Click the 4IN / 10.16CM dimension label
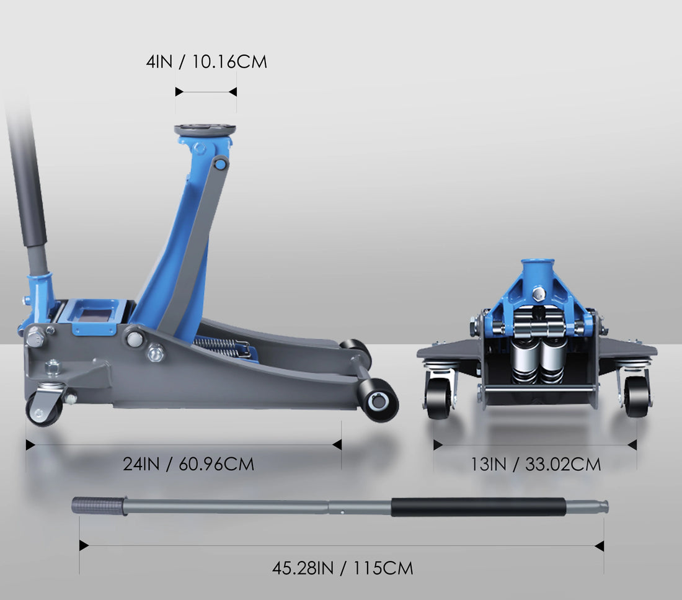206,62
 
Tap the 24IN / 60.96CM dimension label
188,464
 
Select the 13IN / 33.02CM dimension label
535,464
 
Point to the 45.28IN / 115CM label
342,567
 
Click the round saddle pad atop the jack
205,130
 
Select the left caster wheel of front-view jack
439,398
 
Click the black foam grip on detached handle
478,507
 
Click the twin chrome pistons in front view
538,358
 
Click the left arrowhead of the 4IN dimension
179,92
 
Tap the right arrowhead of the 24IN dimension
337,445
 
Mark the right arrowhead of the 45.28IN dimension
599,546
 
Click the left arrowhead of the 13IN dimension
438,445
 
